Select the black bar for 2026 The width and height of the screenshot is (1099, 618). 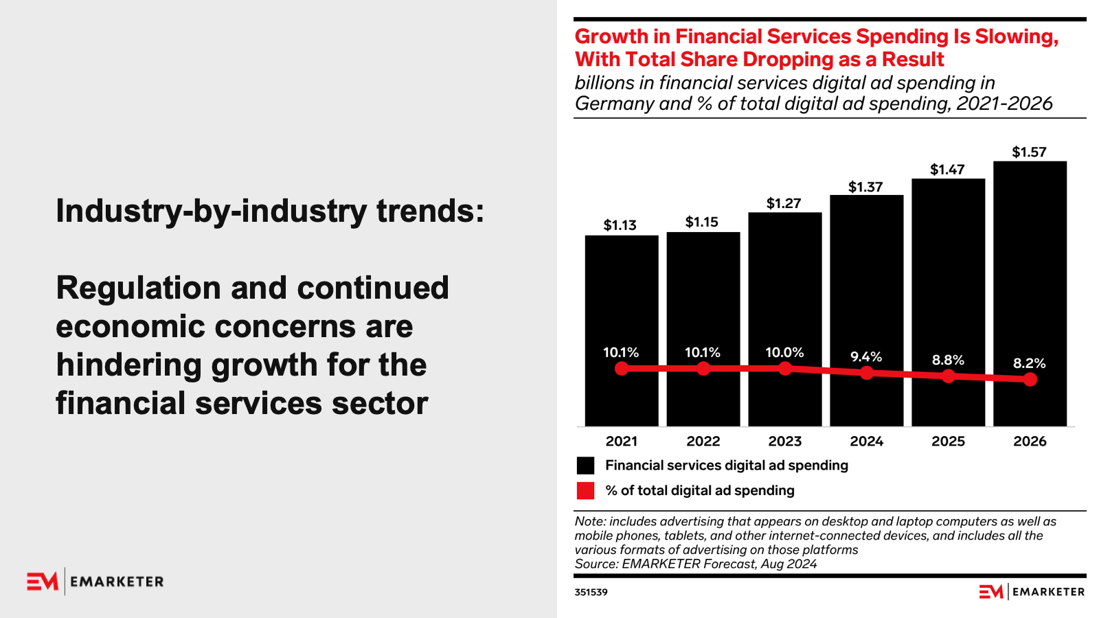tap(1030, 275)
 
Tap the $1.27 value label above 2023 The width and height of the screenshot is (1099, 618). tap(784, 203)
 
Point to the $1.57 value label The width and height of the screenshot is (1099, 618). tap(1029, 152)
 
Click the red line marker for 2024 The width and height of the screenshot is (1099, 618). tap(867, 373)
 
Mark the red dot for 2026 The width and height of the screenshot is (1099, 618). tap(1030, 380)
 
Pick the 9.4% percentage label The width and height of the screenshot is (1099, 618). tap(866, 357)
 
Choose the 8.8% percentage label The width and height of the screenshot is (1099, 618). tap(948, 360)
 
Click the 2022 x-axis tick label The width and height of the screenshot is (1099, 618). tap(703, 442)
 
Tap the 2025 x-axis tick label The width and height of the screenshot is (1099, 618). tap(948, 442)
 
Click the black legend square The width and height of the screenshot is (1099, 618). tap(585, 466)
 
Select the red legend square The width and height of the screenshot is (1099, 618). tap(585, 491)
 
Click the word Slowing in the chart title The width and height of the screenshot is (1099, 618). tap(1016, 37)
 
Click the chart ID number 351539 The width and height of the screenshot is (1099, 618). tap(591, 593)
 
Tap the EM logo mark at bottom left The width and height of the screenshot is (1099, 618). tap(43, 582)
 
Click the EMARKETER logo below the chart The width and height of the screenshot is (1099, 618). tap(1032, 592)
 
